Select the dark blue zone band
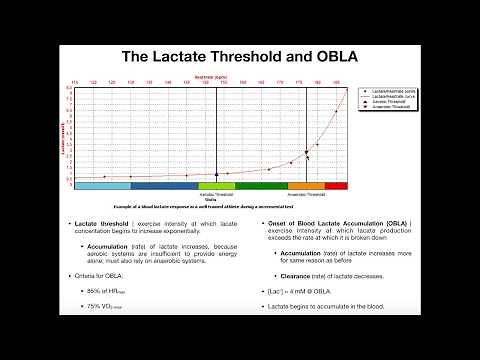click(164, 186)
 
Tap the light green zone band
click(216, 186)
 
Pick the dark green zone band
click(261, 186)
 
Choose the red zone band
click(336, 186)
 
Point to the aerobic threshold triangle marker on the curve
click(217, 174)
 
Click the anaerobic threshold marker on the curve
click(306, 152)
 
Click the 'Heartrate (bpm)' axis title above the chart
click(211, 76)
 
